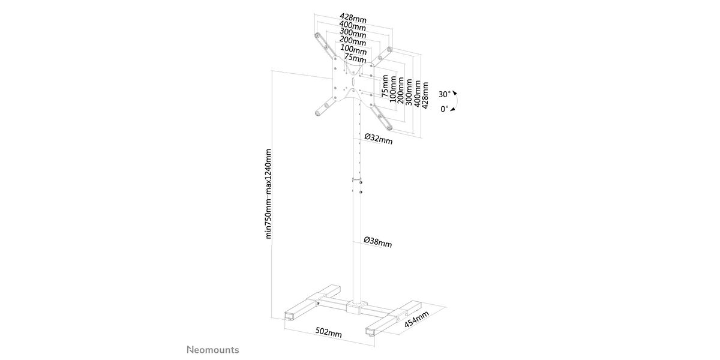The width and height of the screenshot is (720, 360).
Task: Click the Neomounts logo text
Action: (x=213, y=350)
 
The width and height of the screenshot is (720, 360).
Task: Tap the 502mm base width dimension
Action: (x=328, y=332)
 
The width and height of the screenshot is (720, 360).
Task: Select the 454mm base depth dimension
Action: (x=416, y=319)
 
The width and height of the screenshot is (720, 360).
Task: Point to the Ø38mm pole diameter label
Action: (x=377, y=242)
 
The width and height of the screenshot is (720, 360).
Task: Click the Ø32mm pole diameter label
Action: (x=379, y=139)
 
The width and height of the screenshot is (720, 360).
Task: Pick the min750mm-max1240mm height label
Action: (x=268, y=194)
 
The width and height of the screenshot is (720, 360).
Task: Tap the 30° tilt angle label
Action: (x=445, y=95)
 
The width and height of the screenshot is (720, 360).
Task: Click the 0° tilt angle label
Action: (x=444, y=109)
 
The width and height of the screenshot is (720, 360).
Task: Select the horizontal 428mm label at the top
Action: (x=353, y=19)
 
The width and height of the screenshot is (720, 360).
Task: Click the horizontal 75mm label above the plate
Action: (x=355, y=58)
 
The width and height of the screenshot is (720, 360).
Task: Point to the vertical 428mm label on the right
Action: (x=425, y=95)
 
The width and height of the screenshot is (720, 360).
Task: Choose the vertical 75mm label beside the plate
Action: (x=385, y=86)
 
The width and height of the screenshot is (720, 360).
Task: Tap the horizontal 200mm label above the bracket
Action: (x=353, y=41)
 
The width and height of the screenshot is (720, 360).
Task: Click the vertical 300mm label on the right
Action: (x=409, y=92)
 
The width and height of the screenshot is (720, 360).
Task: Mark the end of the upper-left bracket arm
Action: (x=317, y=35)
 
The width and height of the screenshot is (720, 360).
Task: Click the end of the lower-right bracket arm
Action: (x=389, y=128)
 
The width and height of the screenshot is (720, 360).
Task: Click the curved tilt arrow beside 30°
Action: (x=457, y=101)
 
